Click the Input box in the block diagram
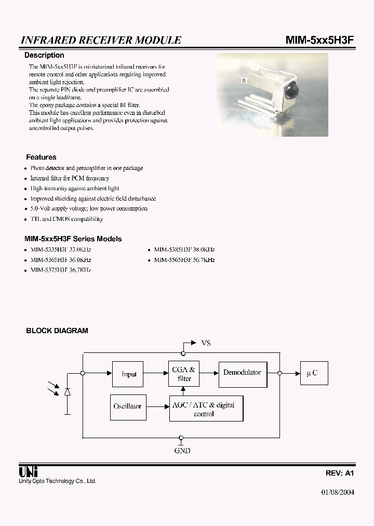(x=128, y=374)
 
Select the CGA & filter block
(x=184, y=374)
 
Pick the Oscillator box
(x=127, y=406)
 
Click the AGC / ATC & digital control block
(x=206, y=409)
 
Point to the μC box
(x=313, y=373)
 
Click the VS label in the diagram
(x=206, y=344)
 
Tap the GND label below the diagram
(x=182, y=451)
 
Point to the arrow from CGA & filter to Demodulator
(x=209, y=373)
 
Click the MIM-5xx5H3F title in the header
(x=319, y=40)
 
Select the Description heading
(x=45, y=55)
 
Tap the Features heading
(x=41, y=157)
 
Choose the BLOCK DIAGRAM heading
(x=57, y=331)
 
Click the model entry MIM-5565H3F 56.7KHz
(x=184, y=260)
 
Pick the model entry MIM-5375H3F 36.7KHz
(x=60, y=270)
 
